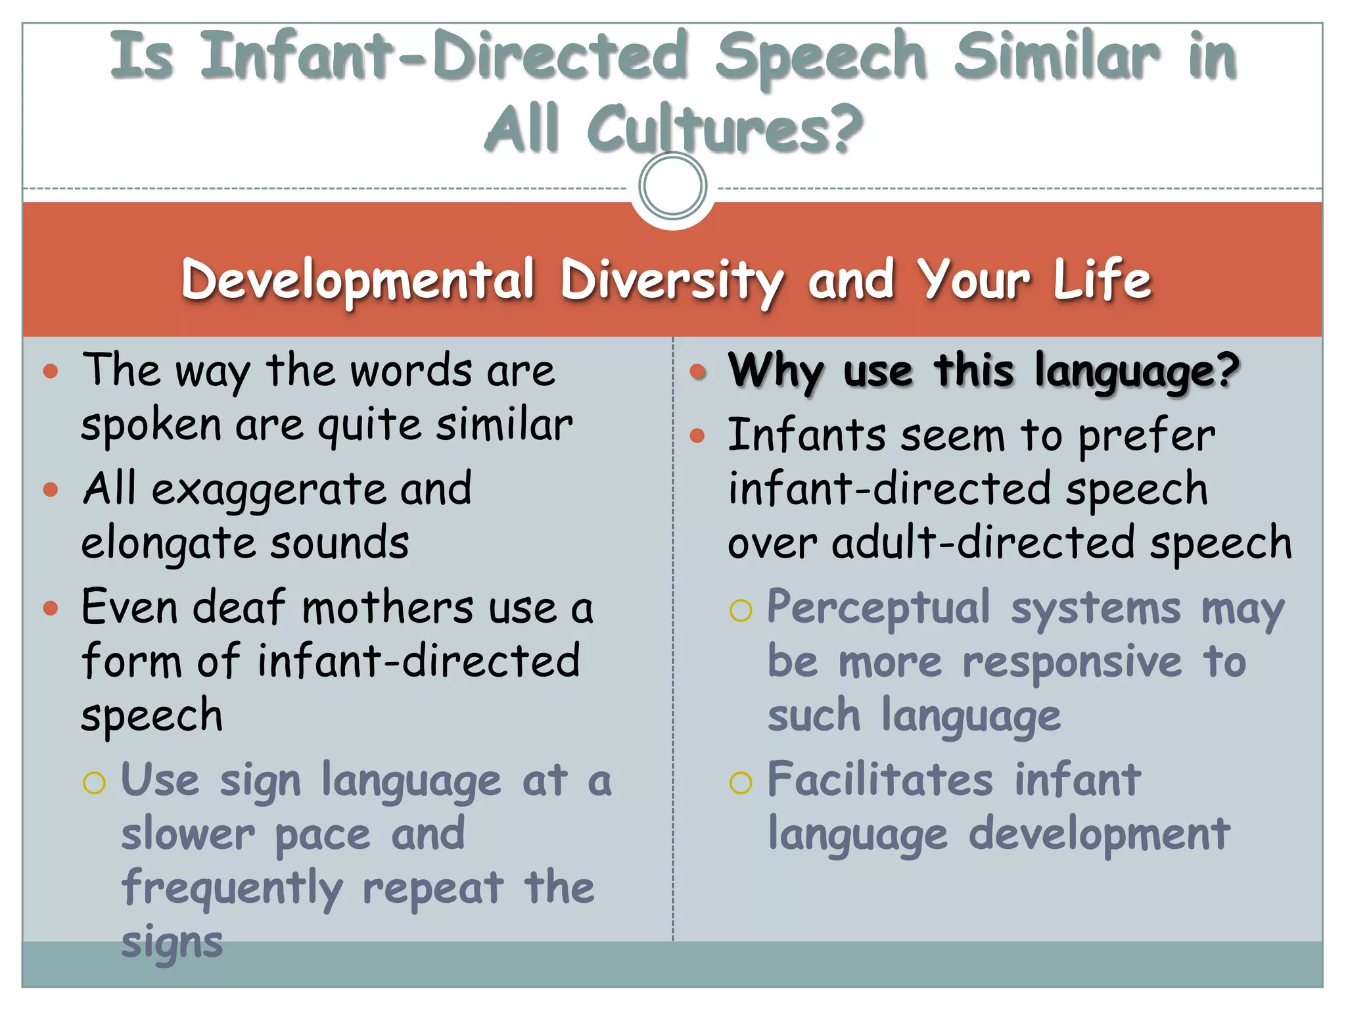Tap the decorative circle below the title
pos(672,186)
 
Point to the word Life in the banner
pos(1102,279)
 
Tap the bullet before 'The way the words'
pos(51,372)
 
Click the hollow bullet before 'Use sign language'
pos(94,782)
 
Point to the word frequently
pos(233,888)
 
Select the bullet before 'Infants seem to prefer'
pos(697,435)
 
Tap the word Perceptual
pos(879,607)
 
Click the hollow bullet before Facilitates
pos(741,782)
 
